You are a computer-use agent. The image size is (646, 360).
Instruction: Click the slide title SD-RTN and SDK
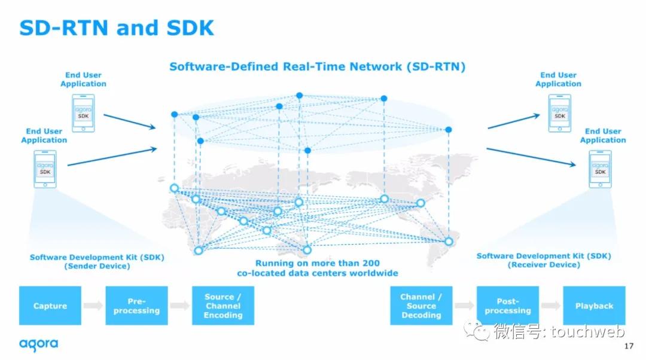pos(117,28)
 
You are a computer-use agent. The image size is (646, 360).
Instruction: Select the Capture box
pos(50,306)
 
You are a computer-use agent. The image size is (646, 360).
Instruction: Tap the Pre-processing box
pos(136,306)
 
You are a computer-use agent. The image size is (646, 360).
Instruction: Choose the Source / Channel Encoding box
pos(223,306)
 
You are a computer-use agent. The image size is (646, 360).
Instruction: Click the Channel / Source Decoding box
pos(421,306)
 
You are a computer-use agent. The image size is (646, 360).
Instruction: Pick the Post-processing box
pos(507,306)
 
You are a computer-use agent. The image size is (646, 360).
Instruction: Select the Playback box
pos(594,306)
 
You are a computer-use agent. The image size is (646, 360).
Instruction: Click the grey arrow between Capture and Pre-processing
pos(93,306)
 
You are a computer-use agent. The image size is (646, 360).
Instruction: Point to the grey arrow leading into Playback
pos(550,306)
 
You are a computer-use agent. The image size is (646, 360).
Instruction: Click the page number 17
pos(628,346)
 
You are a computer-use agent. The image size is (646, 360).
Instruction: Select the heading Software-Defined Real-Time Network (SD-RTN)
pos(317,66)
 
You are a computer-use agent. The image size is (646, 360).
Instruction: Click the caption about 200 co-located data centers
pos(317,268)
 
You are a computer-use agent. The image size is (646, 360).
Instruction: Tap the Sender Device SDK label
pos(97,261)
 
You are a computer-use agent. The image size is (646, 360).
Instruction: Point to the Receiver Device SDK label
pos(543,260)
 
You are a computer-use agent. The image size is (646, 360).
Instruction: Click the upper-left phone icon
pos(83,113)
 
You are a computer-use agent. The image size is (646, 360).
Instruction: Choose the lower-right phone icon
pos(600,169)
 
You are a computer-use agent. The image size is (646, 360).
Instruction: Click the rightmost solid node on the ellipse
pos(449,129)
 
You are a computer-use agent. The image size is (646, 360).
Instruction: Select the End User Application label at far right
pos(603,136)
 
